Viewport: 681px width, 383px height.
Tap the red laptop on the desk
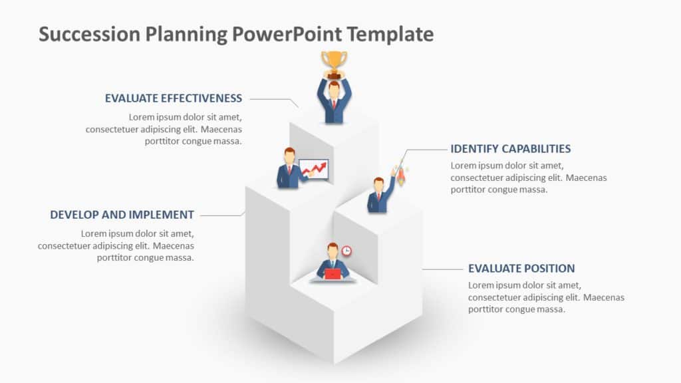[x=333, y=273]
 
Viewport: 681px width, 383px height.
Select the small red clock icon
[x=346, y=251]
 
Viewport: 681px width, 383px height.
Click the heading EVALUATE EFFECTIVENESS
[x=174, y=98]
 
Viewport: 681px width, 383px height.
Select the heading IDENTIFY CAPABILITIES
[x=511, y=149]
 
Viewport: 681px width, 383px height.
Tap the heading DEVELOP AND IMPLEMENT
[x=122, y=215]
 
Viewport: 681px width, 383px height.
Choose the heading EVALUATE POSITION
[x=521, y=269]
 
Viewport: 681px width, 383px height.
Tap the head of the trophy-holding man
[x=334, y=88]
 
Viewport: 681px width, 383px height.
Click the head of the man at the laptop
[x=333, y=251]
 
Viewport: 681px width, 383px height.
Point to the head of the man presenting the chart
[x=289, y=156]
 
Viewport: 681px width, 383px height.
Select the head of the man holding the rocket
[x=378, y=184]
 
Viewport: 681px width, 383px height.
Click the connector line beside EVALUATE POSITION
[x=442, y=269]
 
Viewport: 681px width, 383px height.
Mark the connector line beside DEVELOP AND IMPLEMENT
[x=221, y=215]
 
